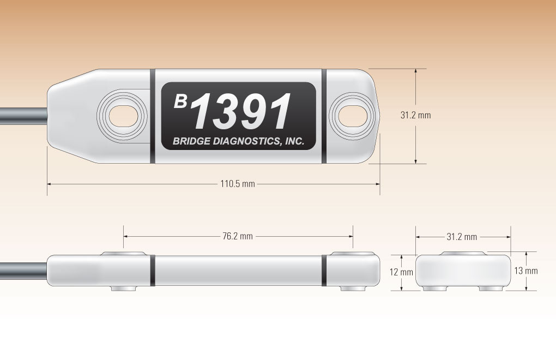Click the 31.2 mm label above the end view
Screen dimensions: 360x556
(462, 237)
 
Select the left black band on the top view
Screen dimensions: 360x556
(152, 116)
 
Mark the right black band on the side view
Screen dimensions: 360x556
(324, 269)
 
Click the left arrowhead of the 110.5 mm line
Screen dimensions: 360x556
(50, 184)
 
